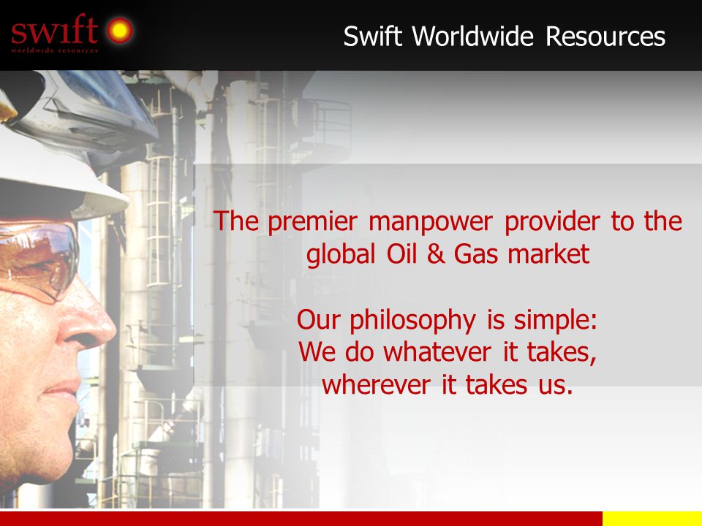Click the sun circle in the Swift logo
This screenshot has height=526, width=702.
coord(119,30)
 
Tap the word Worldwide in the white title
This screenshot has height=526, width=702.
coord(472,36)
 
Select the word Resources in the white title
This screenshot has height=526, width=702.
coord(605,36)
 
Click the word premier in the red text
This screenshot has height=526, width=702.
coord(312,222)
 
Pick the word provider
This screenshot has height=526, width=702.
coord(553,222)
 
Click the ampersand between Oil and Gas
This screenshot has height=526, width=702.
coord(435,254)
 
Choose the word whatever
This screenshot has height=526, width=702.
coord(437,352)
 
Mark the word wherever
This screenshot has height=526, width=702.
coord(376,385)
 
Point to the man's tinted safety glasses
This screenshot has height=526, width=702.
coord(38,259)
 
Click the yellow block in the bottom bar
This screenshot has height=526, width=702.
coord(652,519)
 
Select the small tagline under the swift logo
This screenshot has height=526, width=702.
coord(55,50)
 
